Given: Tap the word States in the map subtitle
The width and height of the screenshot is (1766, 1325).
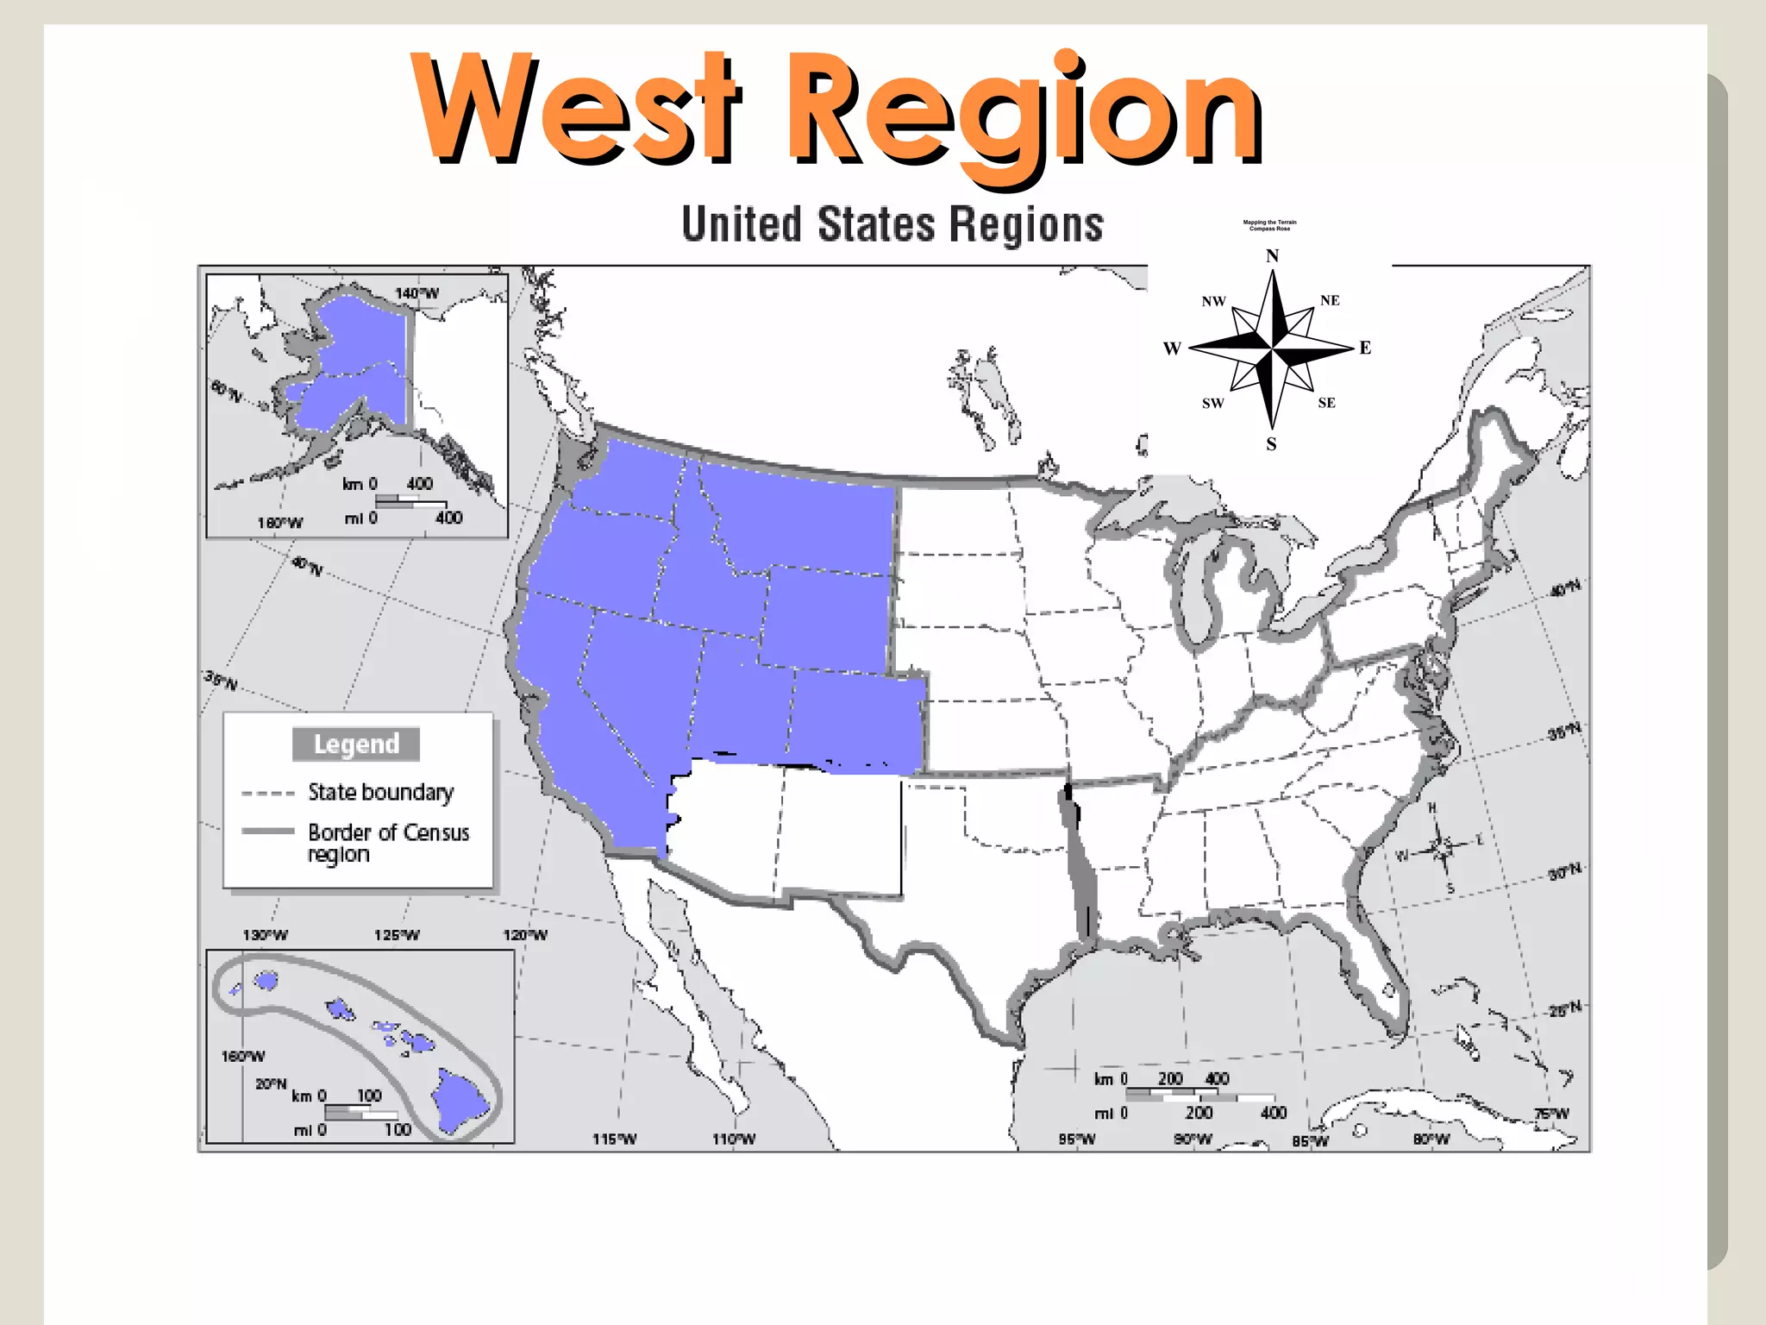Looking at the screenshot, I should pyautogui.click(x=876, y=225).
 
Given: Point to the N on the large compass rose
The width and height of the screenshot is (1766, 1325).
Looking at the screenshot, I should pyautogui.click(x=1272, y=256).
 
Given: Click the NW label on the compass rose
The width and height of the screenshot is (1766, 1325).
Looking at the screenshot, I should pyautogui.click(x=1213, y=302).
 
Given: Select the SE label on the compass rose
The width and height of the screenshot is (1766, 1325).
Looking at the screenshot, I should pyautogui.click(x=1326, y=403).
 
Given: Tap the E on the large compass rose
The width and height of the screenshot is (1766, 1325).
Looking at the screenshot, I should pyautogui.click(x=1365, y=348).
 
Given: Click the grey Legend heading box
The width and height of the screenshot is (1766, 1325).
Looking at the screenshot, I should pyautogui.click(x=356, y=744).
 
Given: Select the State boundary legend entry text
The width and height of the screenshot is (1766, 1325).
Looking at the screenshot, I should pyautogui.click(x=380, y=792).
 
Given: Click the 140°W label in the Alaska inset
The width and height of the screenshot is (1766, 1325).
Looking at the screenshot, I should pyautogui.click(x=416, y=293).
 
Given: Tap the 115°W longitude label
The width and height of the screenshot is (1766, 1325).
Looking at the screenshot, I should pyautogui.click(x=614, y=1140).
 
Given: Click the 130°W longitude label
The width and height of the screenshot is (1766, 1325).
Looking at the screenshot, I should pyautogui.click(x=265, y=935).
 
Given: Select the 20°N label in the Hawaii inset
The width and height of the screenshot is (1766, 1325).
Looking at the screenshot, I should pyautogui.click(x=271, y=1083).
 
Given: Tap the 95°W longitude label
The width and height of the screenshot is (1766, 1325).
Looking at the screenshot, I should pyautogui.click(x=1077, y=1140).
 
